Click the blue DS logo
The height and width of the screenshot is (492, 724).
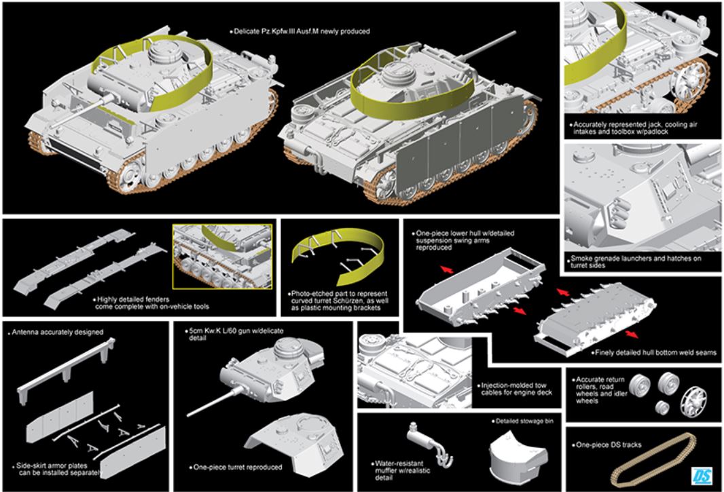coord(702,476)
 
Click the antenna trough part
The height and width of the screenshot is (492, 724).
coord(65,367)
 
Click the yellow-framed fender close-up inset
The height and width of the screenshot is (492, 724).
coord(222,257)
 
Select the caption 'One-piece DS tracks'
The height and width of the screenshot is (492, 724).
coord(609,445)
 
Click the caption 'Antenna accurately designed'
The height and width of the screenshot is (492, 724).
coord(57,332)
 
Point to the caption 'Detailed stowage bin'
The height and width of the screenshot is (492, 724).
coord(524,421)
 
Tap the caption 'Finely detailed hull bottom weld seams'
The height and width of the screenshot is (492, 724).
coord(655,353)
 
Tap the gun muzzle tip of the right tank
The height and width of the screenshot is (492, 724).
coord(513,33)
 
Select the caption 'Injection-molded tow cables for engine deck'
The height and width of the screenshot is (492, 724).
coord(516,389)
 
